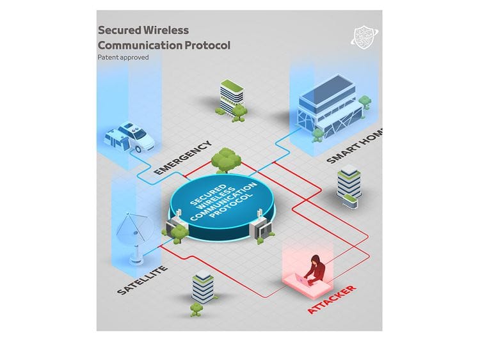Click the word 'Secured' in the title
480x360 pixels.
point(120,30)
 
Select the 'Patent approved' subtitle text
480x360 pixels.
point(123,57)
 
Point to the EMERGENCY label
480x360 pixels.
point(182,157)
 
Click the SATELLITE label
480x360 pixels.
point(142,280)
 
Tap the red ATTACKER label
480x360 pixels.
point(332,299)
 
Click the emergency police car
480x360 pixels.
point(129,136)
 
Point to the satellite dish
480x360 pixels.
point(134,237)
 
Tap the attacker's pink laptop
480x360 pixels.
point(303,279)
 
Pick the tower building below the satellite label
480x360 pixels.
point(203,286)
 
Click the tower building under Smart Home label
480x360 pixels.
point(348,186)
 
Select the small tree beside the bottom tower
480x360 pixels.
point(196,310)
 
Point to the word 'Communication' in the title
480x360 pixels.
point(140,45)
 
